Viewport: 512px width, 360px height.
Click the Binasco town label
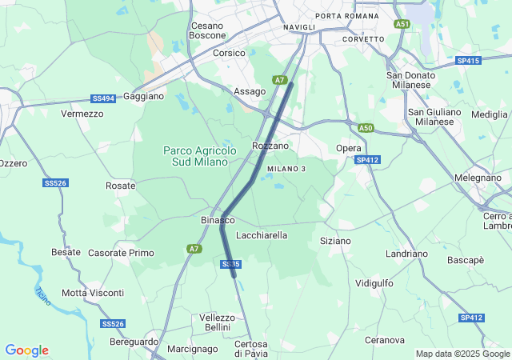217,219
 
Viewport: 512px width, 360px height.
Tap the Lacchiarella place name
262,235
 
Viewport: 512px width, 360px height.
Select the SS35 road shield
230,264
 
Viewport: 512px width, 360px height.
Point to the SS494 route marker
103,98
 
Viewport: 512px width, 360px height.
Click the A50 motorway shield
366,128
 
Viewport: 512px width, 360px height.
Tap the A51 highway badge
402,25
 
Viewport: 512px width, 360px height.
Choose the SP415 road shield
468,61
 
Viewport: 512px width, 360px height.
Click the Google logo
26,350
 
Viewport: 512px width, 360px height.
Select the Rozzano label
270,146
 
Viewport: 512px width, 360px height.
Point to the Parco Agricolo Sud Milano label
199,156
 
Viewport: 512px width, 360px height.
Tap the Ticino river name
42,296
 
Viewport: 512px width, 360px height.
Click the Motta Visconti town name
93,293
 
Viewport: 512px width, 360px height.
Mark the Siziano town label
335,240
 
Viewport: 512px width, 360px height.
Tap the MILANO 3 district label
286,169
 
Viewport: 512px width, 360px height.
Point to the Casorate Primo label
121,253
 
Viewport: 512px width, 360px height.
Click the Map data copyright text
462,354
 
